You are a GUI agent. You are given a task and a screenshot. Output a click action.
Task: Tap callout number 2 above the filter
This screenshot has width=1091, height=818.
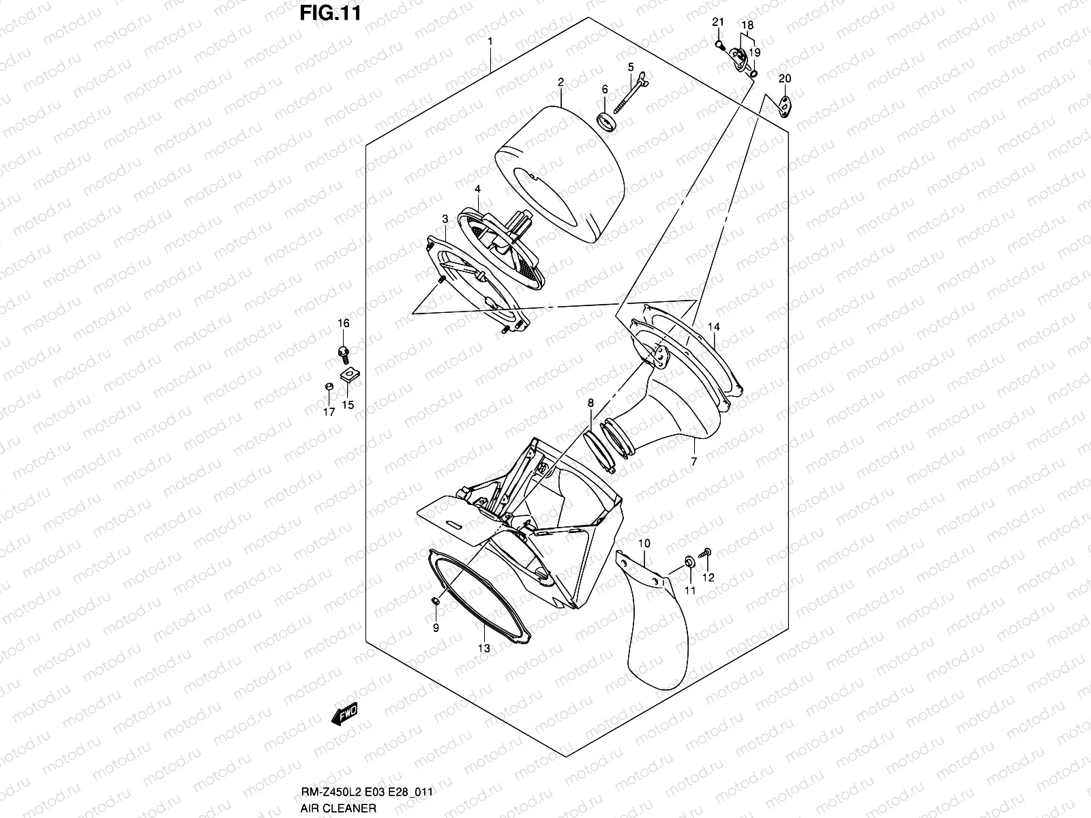561,82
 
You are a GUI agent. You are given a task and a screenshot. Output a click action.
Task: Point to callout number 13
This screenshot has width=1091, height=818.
483,648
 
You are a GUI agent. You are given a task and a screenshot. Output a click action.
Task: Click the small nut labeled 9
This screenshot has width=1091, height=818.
434,600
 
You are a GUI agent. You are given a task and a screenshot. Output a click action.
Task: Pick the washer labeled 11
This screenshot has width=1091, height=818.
689,562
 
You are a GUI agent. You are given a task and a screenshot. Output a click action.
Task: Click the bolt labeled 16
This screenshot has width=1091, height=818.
343,352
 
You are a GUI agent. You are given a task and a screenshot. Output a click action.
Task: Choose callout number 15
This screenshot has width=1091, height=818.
348,405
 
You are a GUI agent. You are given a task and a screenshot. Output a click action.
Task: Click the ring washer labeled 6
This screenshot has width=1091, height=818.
606,122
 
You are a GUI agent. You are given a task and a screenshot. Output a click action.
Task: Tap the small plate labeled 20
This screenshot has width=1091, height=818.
785,105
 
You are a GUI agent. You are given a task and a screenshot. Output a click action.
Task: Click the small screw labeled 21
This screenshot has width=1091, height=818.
719,45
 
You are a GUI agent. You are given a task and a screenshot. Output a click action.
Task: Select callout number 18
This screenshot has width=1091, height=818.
747,25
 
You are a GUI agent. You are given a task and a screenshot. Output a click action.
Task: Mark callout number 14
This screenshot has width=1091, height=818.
713,327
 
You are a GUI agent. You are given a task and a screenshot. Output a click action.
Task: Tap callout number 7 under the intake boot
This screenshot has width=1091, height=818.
693,461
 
